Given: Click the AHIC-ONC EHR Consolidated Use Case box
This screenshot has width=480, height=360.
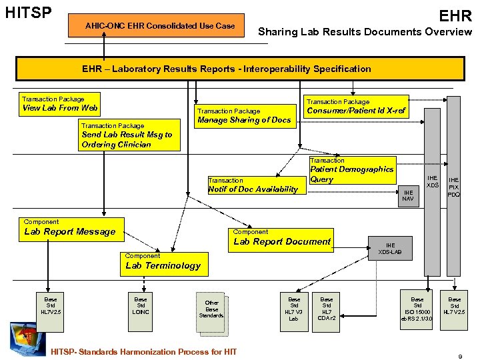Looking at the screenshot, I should point(160,26).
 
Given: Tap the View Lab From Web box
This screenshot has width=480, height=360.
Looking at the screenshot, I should point(60,103).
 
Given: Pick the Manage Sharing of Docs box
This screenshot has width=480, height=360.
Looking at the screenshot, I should point(244,116).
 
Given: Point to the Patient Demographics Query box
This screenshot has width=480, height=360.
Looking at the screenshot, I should point(352,171).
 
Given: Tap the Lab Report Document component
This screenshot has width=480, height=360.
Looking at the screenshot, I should point(281,238).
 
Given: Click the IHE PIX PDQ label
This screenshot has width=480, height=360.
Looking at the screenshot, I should point(454,187).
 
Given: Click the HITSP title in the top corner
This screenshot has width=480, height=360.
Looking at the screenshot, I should point(28,13).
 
